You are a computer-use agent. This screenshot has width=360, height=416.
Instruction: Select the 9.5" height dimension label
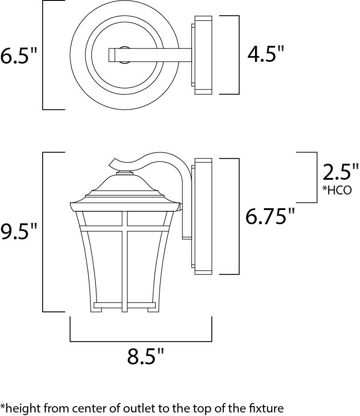click(x=18, y=231)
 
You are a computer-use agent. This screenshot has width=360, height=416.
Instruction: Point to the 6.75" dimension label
click(x=270, y=216)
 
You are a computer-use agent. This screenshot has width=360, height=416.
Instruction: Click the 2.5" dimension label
click(x=341, y=172)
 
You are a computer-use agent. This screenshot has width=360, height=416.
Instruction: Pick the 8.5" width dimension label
click(x=146, y=356)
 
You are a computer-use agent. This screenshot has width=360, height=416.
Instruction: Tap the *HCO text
click(x=337, y=190)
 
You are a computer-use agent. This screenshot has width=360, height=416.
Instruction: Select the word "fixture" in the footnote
click(x=267, y=408)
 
